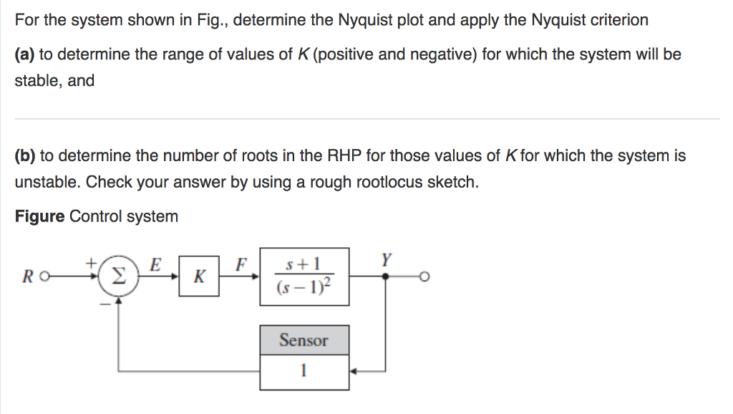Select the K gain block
pos(200,276)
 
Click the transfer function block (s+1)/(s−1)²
pos(304,276)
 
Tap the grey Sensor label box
pos(304,340)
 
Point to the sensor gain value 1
pos(304,371)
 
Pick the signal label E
pos(154,264)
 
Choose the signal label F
pos(241,264)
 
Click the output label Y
pos(387,259)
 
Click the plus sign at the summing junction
pos(92,263)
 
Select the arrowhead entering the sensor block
pos(354,371)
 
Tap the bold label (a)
pos(25,54)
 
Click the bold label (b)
pos(25,155)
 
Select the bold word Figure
pos(39,216)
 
